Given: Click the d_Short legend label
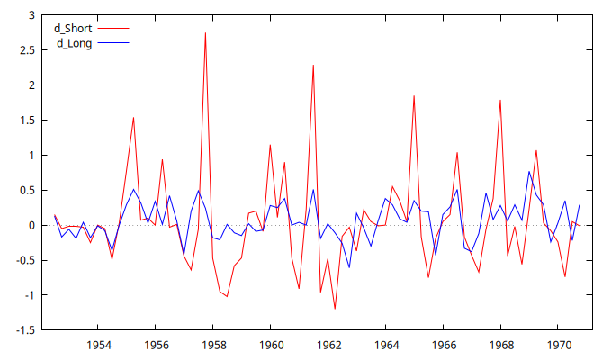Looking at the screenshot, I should [73, 29].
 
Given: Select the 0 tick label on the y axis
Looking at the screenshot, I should [31, 225].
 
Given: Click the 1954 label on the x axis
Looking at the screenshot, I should [98, 345].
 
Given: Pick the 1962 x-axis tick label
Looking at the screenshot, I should [328, 345].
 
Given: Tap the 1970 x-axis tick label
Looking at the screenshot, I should [559, 345].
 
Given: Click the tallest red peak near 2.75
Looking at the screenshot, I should [205, 33].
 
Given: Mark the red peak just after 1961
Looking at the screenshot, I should [313, 66].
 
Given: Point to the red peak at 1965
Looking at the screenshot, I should [414, 96].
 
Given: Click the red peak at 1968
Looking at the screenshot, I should [500, 100].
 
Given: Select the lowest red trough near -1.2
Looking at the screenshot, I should [335, 309].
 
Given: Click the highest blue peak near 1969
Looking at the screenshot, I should [529, 171].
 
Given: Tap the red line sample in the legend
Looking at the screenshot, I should [113, 29].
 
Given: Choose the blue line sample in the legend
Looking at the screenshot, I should [113, 42].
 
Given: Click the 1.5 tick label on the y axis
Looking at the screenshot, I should [26, 121].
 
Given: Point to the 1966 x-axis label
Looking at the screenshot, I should [444, 345].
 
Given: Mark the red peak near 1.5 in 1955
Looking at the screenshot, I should [133, 118].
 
